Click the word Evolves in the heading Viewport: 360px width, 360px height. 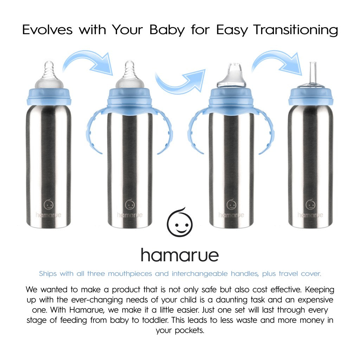tap(47, 30)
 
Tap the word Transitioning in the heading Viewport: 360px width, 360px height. tap(295, 30)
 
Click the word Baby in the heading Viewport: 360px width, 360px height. tap(167, 30)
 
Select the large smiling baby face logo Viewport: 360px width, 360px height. tap(180, 222)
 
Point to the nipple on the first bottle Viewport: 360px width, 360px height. tap(49, 75)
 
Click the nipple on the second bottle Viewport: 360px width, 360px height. tap(130, 75)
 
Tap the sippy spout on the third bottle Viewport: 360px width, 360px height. tap(231, 76)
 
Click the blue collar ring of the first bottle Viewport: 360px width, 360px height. tap(49, 96)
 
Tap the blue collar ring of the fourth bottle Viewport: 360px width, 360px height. tap(311, 96)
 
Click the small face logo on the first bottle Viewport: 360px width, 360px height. tap(49, 204)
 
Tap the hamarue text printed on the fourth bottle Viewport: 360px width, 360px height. tap(310, 215)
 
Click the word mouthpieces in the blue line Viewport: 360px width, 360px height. tap(130, 274)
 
